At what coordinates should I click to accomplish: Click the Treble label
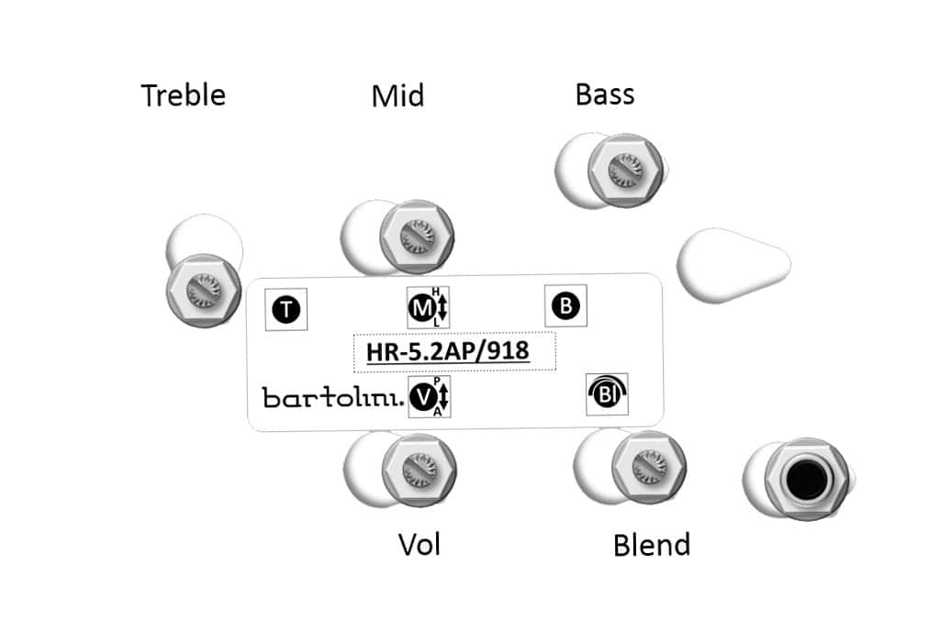(x=183, y=94)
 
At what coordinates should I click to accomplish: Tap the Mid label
(x=397, y=95)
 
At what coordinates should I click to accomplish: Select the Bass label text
(x=605, y=94)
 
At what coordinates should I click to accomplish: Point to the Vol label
(x=420, y=544)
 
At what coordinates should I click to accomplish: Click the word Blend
(x=651, y=545)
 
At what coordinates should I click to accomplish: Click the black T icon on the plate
(x=286, y=310)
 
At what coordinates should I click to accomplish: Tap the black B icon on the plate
(x=566, y=306)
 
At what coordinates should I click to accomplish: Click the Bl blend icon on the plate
(x=607, y=394)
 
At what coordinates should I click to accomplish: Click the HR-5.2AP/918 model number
(x=454, y=351)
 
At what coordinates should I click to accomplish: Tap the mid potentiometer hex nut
(x=415, y=237)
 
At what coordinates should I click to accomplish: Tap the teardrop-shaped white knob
(x=732, y=264)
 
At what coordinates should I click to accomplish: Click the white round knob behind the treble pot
(x=205, y=239)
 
